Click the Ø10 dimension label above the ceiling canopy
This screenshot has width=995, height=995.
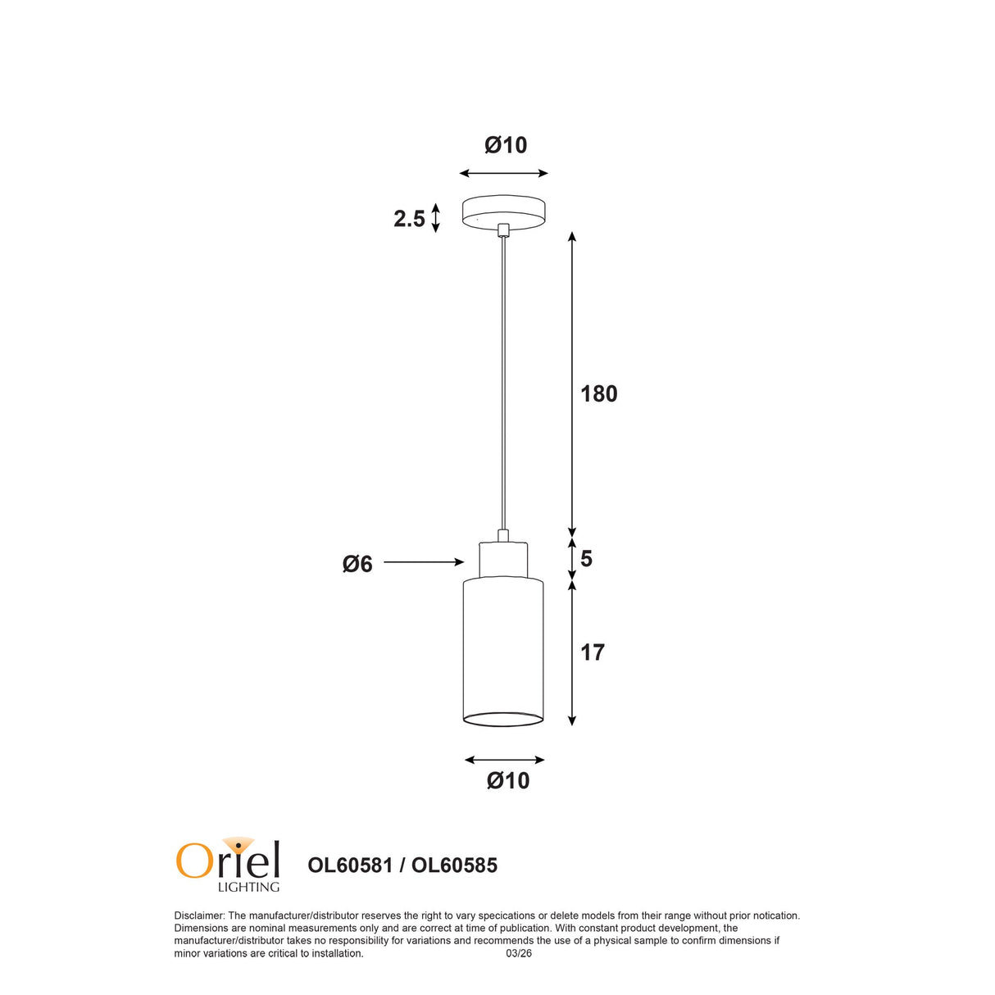[x=506, y=145]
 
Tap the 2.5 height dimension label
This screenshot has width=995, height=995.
[x=409, y=219]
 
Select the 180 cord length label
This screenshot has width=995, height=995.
[x=599, y=394]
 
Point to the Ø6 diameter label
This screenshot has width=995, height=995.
[x=357, y=565]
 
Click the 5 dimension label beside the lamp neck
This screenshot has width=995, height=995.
[x=586, y=559]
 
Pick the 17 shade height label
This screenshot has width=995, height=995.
[x=593, y=652]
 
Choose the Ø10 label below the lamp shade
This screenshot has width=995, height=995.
[x=508, y=780]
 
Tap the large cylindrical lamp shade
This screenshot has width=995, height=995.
[x=503, y=652]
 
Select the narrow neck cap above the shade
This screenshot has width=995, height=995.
[x=503, y=559]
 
